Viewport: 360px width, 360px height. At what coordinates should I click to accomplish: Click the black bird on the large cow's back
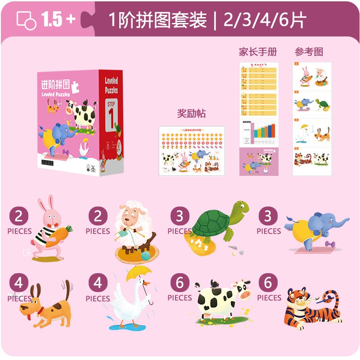point(215,283)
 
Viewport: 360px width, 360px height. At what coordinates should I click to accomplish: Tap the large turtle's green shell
point(209,223)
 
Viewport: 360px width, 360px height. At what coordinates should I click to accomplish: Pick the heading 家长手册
point(258,52)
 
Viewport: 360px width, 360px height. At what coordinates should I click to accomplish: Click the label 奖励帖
point(191,113)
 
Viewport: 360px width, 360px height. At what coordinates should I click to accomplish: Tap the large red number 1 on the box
point(110,117)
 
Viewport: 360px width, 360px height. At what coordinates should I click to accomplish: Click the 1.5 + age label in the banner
point(58,19)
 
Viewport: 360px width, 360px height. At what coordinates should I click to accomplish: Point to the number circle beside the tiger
point(268,283)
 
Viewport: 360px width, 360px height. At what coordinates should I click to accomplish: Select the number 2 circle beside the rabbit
point(19,217)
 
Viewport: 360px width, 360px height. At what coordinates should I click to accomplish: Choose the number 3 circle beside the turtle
point(180,217)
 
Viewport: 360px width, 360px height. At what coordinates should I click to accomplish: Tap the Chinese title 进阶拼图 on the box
point(56,84)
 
